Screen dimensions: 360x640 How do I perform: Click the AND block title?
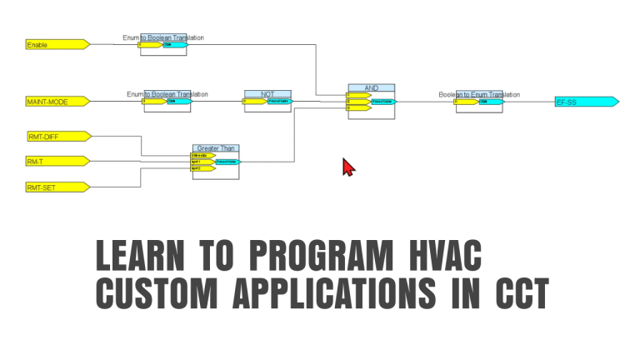[371, 87]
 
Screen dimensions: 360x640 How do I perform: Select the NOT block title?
[267, 94]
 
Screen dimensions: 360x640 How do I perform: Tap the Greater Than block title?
[214, 148]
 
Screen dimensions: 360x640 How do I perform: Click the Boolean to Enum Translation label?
[473, 94]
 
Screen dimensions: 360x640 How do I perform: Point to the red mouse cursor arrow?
[348, 166]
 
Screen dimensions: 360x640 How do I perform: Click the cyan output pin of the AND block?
[384, 102]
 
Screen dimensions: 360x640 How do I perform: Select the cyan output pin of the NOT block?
[280, 102]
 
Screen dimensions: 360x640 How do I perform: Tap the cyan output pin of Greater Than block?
[227, 162]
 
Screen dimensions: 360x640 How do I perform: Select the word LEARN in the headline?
[137, 255]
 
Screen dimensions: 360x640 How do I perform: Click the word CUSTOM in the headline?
[153, 293]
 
